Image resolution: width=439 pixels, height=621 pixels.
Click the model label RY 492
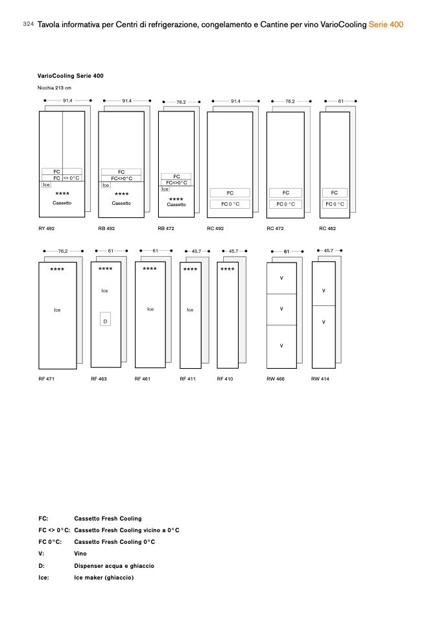pyautogui.click(x=46, y=229)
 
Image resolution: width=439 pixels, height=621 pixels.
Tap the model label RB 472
pyautogui.click(x=165, y=229)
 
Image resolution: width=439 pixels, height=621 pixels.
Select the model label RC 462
pyautogui.click(x=327, y=229)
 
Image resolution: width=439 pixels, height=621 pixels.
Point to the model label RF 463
pyautogui.click(x=99, y=379)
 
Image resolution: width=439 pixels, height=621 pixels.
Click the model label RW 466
pyautogui.click(x=276, y=379)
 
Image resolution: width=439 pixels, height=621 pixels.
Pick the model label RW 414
pyautogui.click(x=320, y=379)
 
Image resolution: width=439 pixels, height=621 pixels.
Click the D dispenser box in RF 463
pyautogui.click(x=105, y=321)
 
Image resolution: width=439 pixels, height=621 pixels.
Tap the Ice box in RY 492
pyautogui.click(x=46, y=185)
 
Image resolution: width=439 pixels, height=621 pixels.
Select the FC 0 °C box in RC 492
pyautogui.click(x=230, y=204)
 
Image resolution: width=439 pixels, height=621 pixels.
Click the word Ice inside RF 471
pyautogui.click(x=57, y=310)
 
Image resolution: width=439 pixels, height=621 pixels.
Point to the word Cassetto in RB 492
pyautogui.click(x=121, y=204)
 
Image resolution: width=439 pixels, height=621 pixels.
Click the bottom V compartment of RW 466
pyautogui.click(x=281, y=346)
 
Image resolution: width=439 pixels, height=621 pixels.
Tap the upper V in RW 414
pyautogui.click(x=324, y=290)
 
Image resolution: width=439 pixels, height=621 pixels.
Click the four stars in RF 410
pyautogui.click(x=227, y=269)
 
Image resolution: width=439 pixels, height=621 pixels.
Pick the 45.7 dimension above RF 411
pyautogui.click(x=196, y=251)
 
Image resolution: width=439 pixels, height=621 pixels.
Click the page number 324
pyautogui.click(x=28, y=24)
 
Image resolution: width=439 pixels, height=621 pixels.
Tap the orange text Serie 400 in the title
pyautogui.click(x=386, y=25)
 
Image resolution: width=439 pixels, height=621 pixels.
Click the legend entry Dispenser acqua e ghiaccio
pyautogui.click(x=114, y=566)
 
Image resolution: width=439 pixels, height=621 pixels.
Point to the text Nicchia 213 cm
pyautogui.click(x=54, y=88)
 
